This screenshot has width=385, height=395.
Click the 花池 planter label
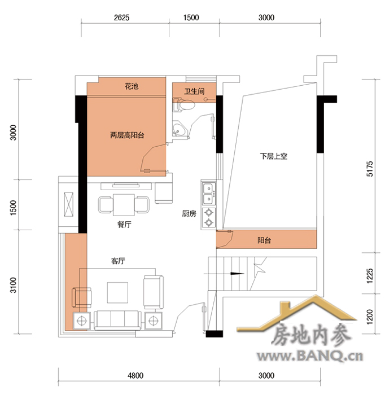pyautogui.click(x=132, y=86)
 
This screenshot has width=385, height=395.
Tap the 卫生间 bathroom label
pyautogui.click(x=194, y=91)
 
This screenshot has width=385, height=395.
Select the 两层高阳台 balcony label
pyautogui.click(x=127, y=135)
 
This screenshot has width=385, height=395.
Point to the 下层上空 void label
pyautogui.click(x=274, y=156)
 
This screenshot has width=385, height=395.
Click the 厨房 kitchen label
pyautogui.click(x=189, y=214)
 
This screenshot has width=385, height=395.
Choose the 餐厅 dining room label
pyautogui.click(x=124, y=224)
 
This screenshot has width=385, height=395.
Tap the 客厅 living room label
pyautogui.click(x=118, y=261)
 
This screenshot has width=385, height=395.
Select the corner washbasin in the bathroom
pyautogui.click(x=180, y=129)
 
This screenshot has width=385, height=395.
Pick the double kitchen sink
pyautogui.click(x=209, y=194)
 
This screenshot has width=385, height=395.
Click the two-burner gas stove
pyautogui.click(x=209, y=218)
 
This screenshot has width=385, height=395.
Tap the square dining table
pyautogui.click(x=124, y=204)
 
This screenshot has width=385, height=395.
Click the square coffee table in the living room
pyautogui.click(x=117, y=292)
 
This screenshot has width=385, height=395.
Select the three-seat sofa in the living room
pyautogui.click(x=117, y=320)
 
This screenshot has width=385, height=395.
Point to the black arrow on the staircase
pyautogui.click(x=237, y=274)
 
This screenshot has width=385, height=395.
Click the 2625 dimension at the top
pyautogui.click(x=122, y=17)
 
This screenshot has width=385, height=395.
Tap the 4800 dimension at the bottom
pyautogui.click(x=135, y=376)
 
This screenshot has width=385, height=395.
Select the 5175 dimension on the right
pyautogui.click(x=370, y=169)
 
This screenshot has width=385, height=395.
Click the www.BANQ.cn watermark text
pyautogui.click(x=310, y=356)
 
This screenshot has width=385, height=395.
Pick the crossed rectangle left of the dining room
pyautogui.click(x=68, y=204)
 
